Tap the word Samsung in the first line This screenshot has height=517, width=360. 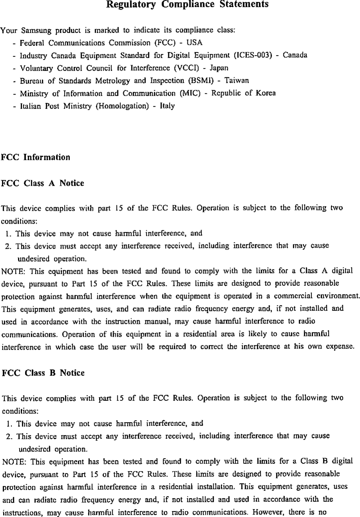point(27,31)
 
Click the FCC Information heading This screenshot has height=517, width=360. point(36,158)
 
